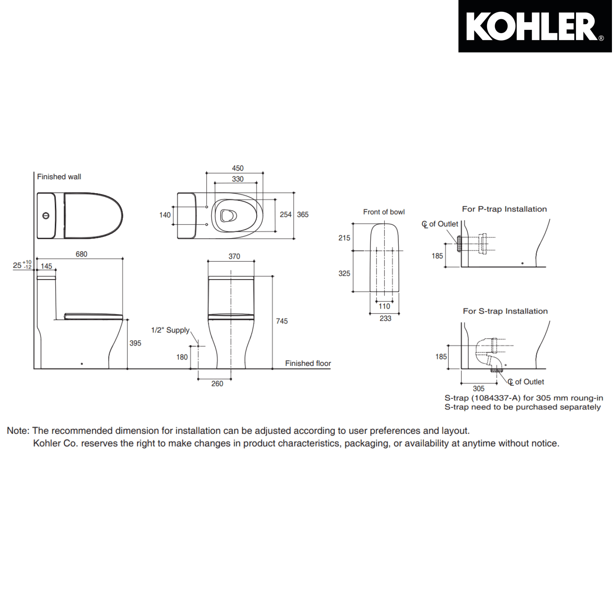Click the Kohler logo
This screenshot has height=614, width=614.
tap(535, 27)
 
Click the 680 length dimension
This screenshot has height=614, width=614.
tap(81, 254)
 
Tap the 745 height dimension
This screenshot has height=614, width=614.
tap(282, 321)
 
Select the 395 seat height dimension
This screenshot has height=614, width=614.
tap(135, 343)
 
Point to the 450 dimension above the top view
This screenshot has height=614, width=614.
tap(237, 168)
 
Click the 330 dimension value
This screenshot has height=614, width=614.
tap(237, 179)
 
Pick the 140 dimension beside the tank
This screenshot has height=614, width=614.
tap(165, 215)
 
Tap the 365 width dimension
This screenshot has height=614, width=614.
tap(302, 214)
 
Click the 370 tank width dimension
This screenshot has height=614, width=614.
tap(234, 256)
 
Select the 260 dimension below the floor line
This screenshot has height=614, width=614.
tap(217, 384)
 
